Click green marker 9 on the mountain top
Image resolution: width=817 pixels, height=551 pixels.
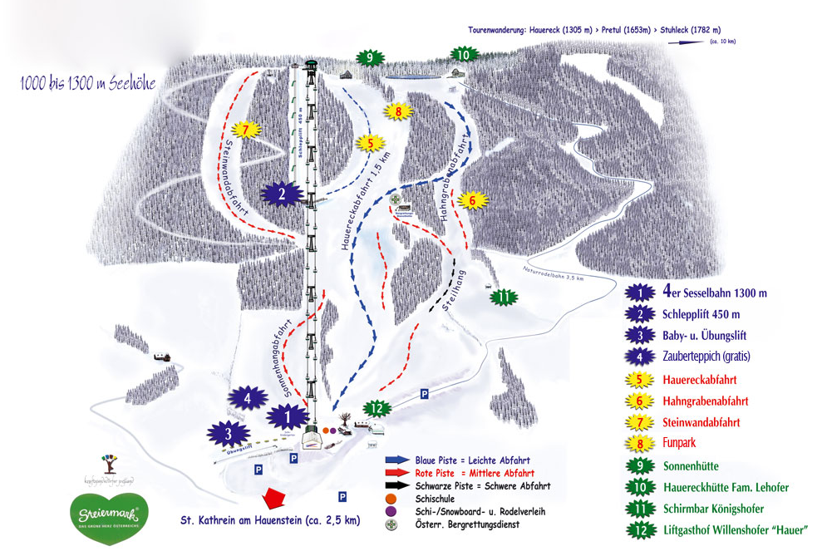[369, 58]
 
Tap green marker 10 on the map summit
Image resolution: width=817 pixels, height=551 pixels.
[464, 55]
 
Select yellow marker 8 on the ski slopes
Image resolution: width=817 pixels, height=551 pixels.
[398, 111]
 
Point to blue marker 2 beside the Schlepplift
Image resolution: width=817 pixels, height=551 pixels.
[282, 195]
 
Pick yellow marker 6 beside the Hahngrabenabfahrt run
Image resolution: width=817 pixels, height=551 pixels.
[471, 200]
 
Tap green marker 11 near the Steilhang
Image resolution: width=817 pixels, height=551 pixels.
[503, 297]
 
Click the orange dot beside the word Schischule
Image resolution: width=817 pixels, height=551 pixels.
[388, 499]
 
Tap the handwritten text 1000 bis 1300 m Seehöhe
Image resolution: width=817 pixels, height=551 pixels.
[88, 84]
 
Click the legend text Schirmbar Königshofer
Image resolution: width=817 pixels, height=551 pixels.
[713, 509]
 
